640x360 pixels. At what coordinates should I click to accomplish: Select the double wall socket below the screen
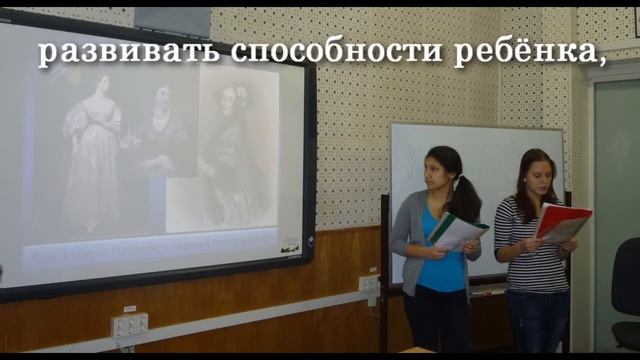point(129,324)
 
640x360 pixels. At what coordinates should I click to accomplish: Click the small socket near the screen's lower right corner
point(369,283)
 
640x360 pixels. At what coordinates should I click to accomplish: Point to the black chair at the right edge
point(627,290)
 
